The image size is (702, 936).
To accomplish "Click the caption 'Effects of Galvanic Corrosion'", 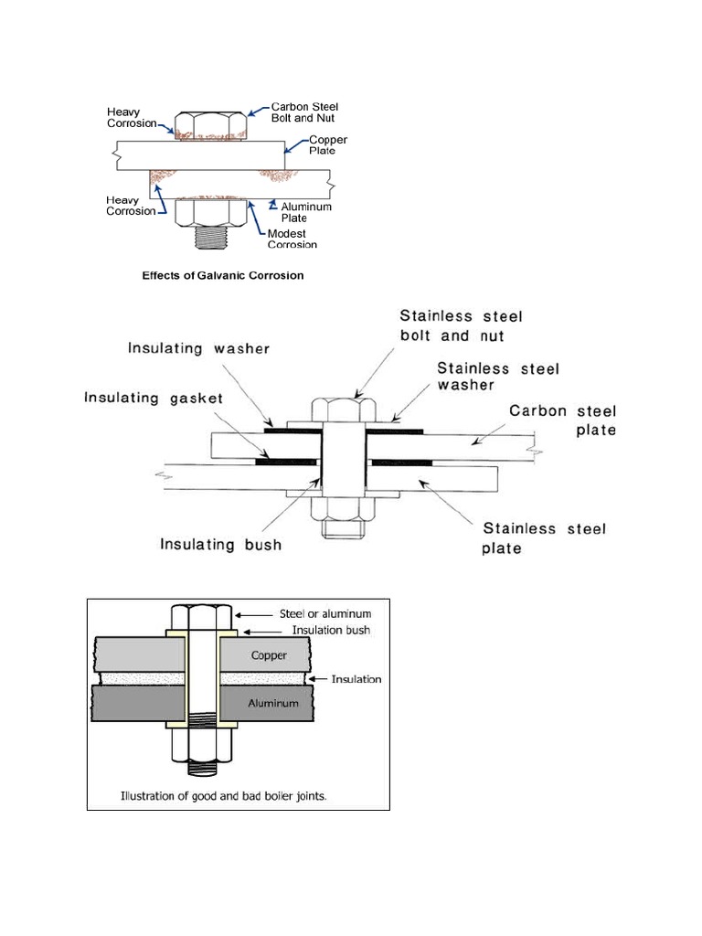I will [222, 274].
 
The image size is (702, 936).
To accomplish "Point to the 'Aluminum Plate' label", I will [306, 213].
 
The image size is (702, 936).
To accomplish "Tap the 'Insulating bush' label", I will [220, 546].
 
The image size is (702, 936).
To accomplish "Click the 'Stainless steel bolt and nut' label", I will [461, 325].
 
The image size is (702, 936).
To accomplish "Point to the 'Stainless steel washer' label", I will [498, 377].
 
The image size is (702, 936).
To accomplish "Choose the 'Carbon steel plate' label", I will [562, 420].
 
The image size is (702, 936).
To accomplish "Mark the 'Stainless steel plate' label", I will [543, 538].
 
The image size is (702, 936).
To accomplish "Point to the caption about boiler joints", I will [224, 795].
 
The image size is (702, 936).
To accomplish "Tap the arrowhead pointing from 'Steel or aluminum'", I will [241, 614].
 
